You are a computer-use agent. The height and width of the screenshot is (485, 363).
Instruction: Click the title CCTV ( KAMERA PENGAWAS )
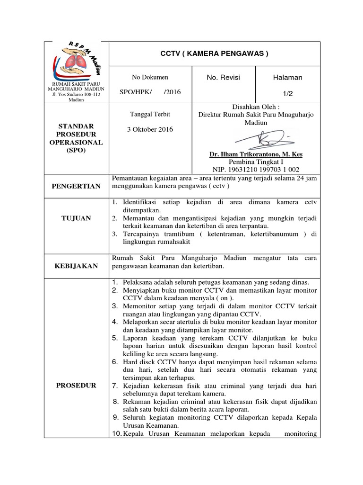click(215, 54)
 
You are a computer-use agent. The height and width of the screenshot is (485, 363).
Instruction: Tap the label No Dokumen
click(150, 77)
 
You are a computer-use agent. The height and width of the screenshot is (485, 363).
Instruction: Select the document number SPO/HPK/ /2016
click(150, 92)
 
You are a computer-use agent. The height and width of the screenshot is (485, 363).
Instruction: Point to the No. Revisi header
click(223, 77)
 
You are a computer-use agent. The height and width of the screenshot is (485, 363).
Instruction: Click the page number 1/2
click(287, 94)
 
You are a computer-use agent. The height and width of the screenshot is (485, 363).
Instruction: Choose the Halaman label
click(287, 77)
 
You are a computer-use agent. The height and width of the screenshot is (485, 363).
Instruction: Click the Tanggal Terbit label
click(150, 114)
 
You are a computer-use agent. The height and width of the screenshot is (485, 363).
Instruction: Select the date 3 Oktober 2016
click(150, 129)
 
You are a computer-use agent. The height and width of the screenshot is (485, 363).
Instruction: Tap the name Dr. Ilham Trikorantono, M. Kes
click(256, 154)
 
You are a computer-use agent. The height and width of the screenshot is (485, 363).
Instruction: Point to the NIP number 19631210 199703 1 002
click(256, 170)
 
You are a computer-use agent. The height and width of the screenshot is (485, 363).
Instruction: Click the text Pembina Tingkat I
click(256, 162)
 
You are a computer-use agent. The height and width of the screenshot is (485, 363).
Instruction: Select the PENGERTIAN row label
click(76, 186)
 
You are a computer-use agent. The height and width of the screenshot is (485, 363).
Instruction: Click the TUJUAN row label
click(76, 218)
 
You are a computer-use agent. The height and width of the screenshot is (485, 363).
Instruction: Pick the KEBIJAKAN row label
click(76, 266)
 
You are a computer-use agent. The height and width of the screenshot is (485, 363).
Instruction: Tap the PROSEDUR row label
click(76, 385)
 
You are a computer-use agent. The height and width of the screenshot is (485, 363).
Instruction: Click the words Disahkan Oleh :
click(256, 107)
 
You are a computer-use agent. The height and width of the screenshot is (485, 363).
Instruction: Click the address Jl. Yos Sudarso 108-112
click(76, 94)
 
